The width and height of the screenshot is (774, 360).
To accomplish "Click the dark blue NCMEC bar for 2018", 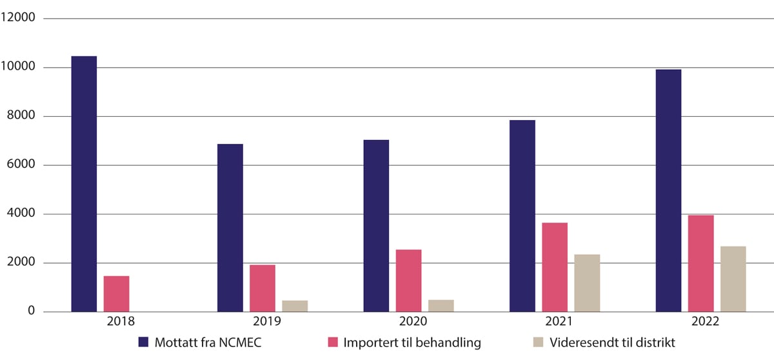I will pyautogui.click(x=84, y=184).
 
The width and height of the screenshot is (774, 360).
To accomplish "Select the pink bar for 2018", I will pyautogui.click(x=116, y=294).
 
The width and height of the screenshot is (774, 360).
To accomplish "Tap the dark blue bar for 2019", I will pyautogui.click(x=230, y=228).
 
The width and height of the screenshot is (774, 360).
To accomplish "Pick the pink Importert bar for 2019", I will pyautogui.click(x=262, y=288).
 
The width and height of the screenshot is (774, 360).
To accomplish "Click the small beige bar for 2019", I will pyautogui.click(x=295, y=306).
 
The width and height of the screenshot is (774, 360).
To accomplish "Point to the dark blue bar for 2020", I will pyautogui.click(x=376, y=226).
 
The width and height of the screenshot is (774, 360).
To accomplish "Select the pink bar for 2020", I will pyautogui.click(x=408, y=281).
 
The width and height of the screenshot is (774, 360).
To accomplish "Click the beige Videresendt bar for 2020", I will pyautogui.click(x=441, y=306).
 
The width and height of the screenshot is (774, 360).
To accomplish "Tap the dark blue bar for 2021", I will pyautogui.click(x=522, y=216).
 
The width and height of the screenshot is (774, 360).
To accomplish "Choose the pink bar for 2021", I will pyautogui.click(x=555, y=267).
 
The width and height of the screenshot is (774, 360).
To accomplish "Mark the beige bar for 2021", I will pyautogui.click(x=587, y=283).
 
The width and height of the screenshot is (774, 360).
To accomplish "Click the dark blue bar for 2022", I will pyautogui.click(x=668, y=191).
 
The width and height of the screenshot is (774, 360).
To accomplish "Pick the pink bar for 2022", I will pyautogui.click(x=700, y=264).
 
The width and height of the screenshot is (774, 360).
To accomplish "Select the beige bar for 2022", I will pyautogui.click(x=733, y=279).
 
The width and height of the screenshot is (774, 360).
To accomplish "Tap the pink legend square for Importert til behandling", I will pyautogui.click(x=333, y=343).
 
